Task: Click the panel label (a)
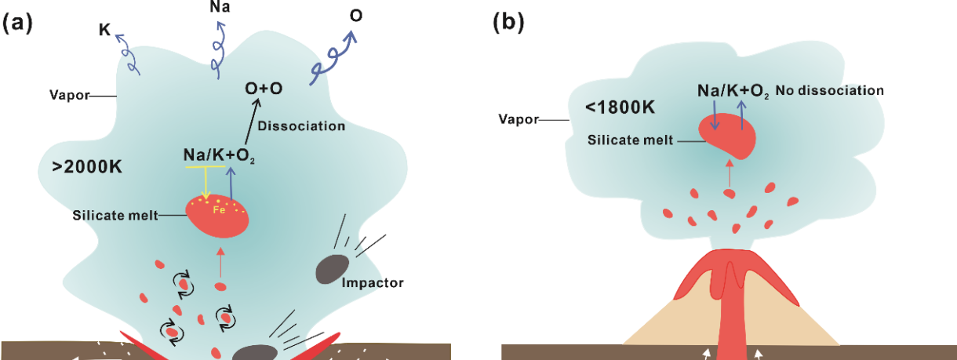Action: pos(17,23)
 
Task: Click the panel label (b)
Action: pos(508,23)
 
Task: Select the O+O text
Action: pos(264,89)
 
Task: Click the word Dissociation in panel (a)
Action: pos(301,125)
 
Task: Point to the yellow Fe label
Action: pos(222,209)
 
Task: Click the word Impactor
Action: pos(372,282)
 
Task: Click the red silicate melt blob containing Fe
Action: pos(217,216)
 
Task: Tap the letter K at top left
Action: pos(104,31)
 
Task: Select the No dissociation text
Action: pos(830,91)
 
